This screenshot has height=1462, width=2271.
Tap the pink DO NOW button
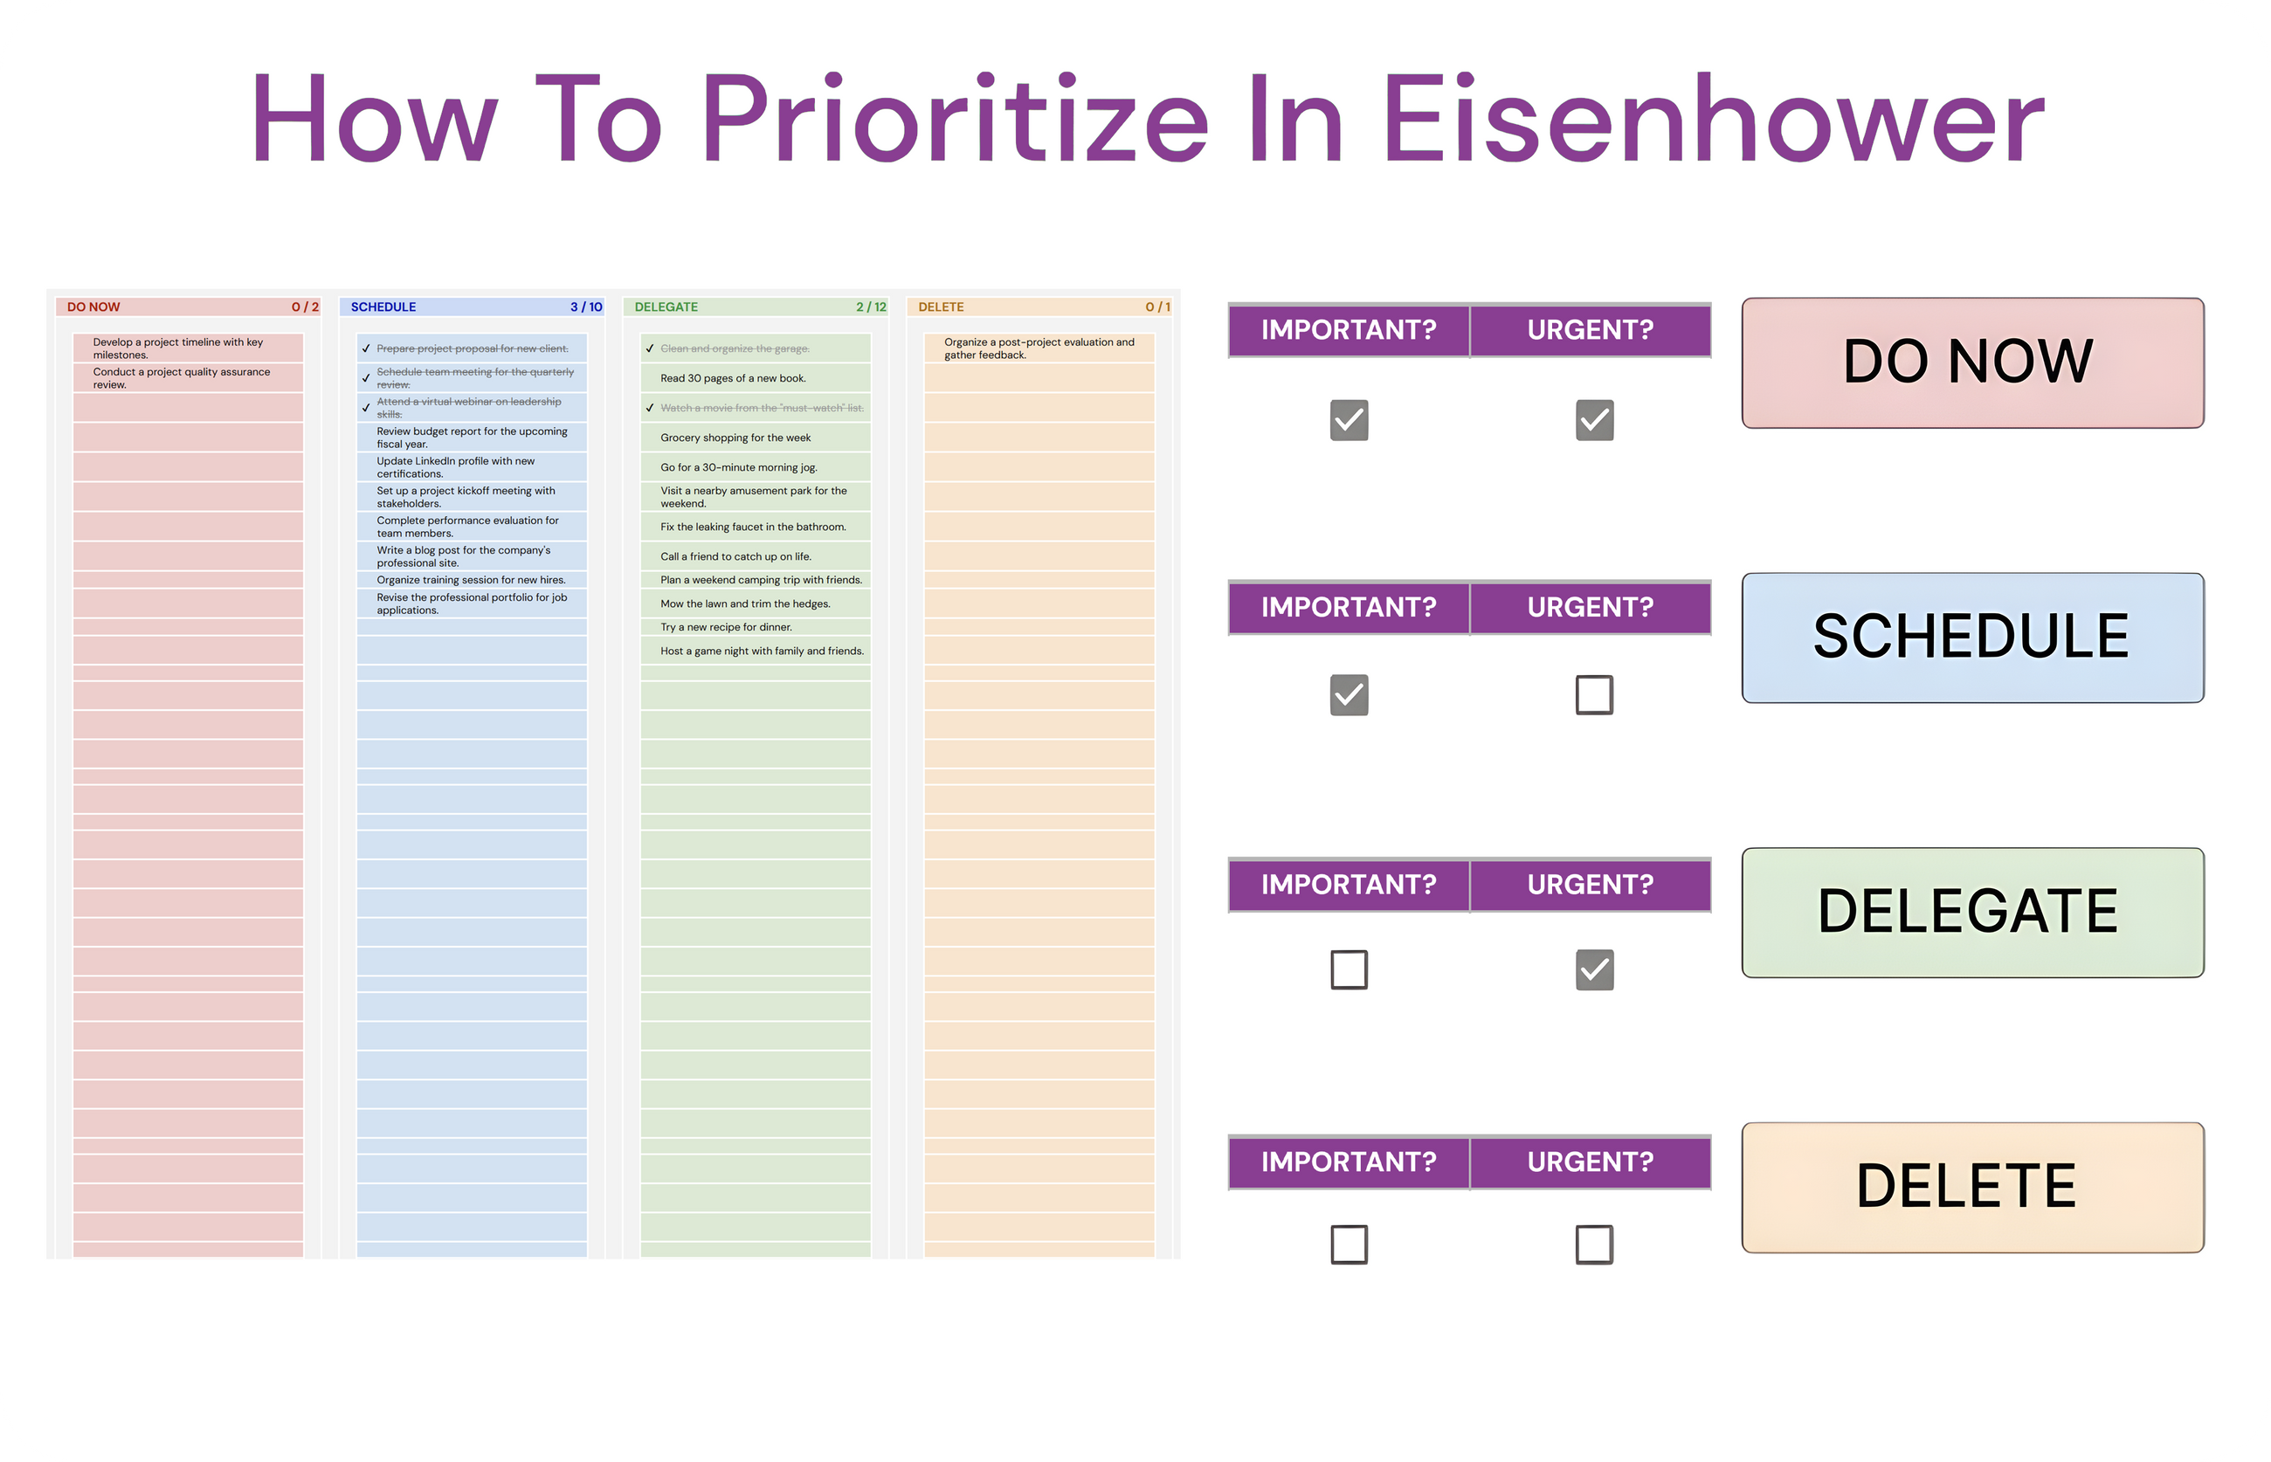(x=1971, y=362)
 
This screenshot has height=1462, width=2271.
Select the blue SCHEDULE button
(x=1971, y=637)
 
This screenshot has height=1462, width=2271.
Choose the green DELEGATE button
(x=1971, y=912)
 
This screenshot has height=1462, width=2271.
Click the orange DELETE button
(x=1971, y=1187)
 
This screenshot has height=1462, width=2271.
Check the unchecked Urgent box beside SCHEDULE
(x=1593, y=694)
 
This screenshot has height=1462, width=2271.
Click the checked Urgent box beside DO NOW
(x=1593, y=419)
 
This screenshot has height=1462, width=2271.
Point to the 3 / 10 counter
(x=586, y=307)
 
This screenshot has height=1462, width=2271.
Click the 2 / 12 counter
(x=870, y=307)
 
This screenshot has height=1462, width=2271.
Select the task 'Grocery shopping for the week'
(x=735, y=438)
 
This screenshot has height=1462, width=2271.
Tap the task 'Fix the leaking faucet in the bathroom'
(x=753, y=527)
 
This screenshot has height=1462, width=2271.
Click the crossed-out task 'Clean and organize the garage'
(x=735, y=348)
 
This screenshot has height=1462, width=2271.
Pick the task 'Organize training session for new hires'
(x=471, y=580)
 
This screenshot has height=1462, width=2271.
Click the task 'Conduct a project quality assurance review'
(x=181, y=378)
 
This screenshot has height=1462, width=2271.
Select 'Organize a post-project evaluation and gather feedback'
(x=1039, y=348)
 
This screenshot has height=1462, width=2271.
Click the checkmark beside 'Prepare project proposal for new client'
(x=365, y=348)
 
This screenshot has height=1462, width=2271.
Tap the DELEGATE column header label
(x=666, y=307)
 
